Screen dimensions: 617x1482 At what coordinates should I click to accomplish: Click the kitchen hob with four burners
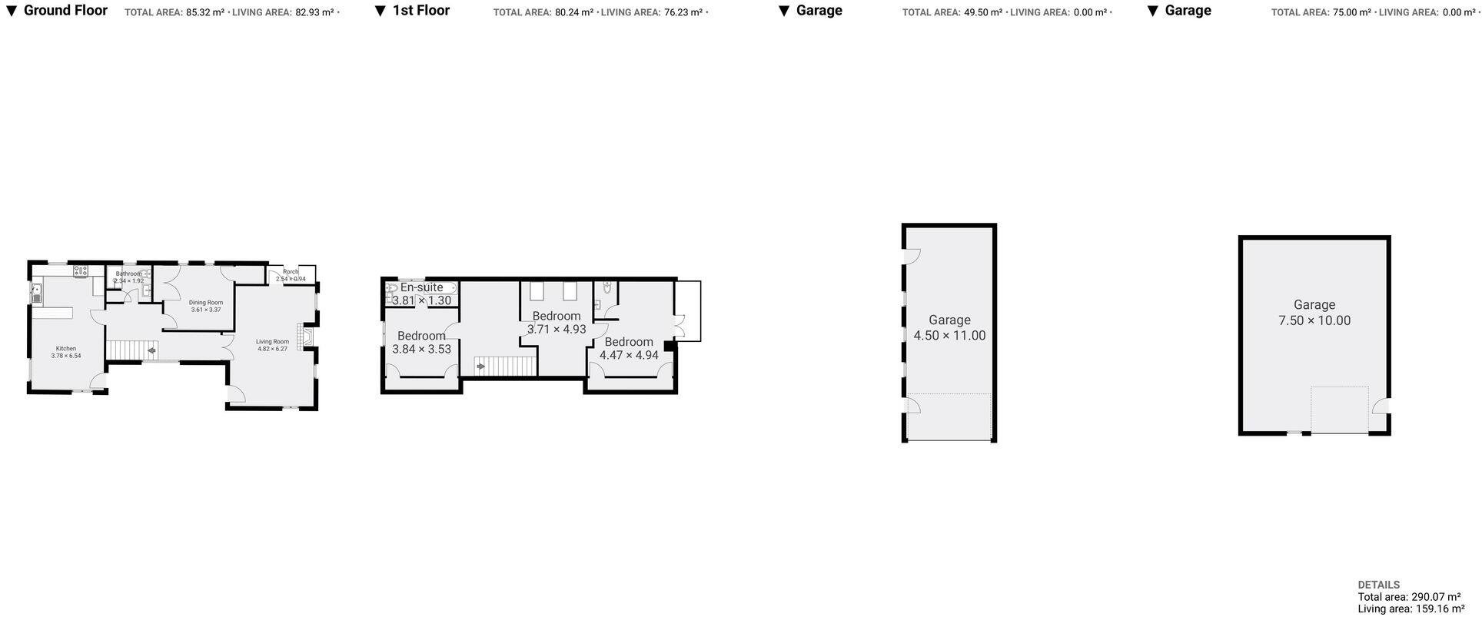(x=81, y=270)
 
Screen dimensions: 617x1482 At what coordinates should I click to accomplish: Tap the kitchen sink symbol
(x=36, y=293)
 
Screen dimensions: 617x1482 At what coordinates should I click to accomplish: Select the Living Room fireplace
(x=306, y=338)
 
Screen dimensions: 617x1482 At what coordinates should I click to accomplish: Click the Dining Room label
(x=206, y=302)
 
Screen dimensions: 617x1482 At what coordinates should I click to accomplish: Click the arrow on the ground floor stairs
(x=151, y=351)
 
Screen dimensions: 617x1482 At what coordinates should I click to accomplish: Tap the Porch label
(x=291, y=271)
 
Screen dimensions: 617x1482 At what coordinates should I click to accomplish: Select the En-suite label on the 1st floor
(x=421, y=287)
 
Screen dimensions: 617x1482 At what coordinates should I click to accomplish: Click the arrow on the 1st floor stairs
(x=481, y=367)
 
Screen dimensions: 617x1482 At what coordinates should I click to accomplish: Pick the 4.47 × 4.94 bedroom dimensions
(x=629, y=355)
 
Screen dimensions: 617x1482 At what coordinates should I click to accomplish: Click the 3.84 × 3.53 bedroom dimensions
(x=421, y=349)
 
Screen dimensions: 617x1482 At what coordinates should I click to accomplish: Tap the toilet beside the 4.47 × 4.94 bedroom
(x=607, y=288)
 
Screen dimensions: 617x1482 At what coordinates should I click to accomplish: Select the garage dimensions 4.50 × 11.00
(x=949, y=335)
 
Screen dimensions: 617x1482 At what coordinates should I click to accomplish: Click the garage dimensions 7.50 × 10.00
(x=1314, y=320)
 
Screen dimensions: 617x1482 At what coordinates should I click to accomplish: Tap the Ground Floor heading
(x=65, y=11)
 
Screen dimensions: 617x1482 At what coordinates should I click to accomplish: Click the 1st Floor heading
(x=420, y=11)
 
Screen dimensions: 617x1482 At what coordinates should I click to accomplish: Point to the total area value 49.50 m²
(x=983, y=12)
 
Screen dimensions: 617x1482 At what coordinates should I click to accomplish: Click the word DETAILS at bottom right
(x=1378, y=585)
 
